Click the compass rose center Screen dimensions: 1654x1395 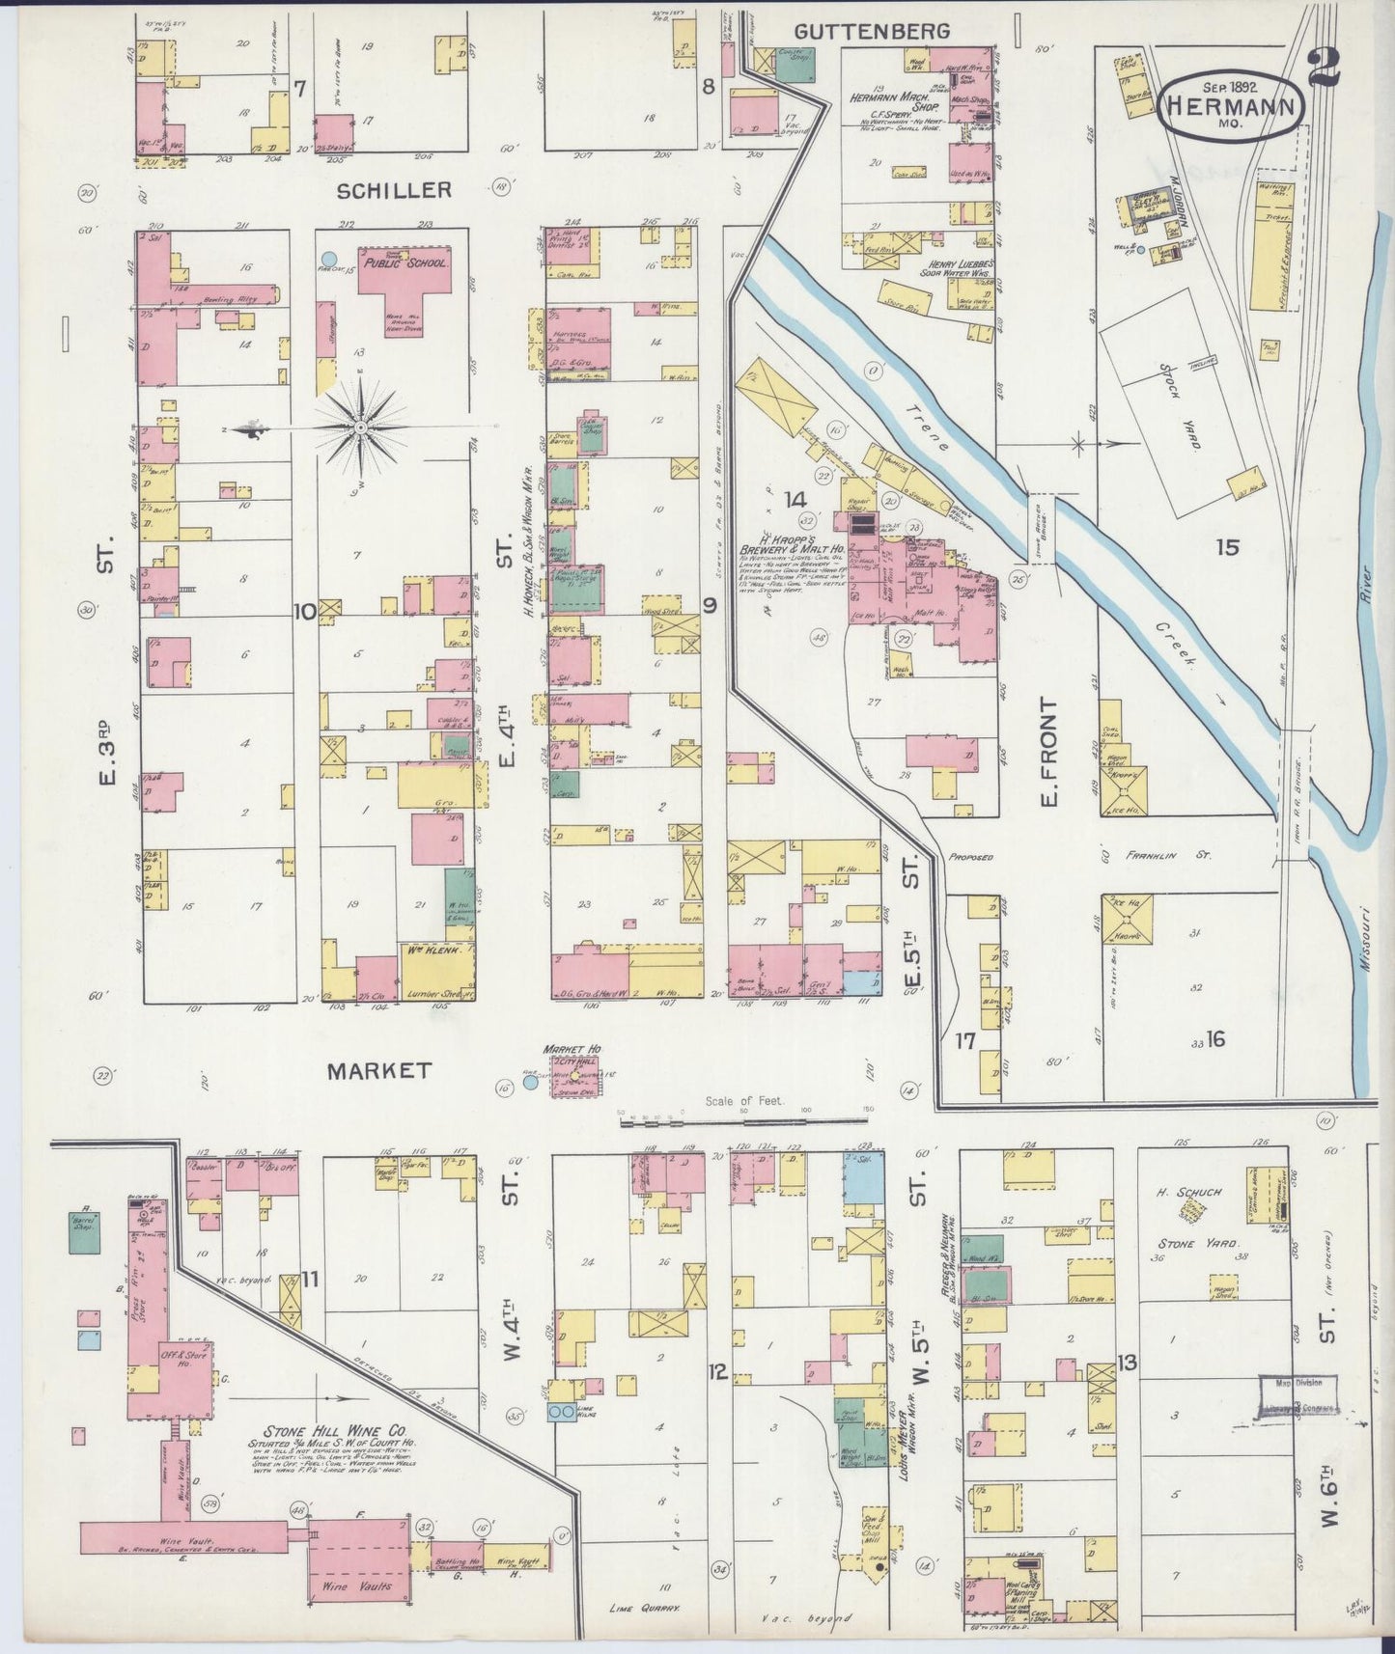pos(360,427)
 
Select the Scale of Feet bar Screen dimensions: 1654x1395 pos(744,1119)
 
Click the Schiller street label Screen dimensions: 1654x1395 pos(393,190)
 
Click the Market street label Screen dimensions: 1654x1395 pos(377,1070)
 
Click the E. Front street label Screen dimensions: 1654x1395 pos(1048,753)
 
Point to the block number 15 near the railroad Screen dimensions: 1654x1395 pos(1226,547)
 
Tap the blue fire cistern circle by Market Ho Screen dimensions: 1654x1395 pos(530,1083)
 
